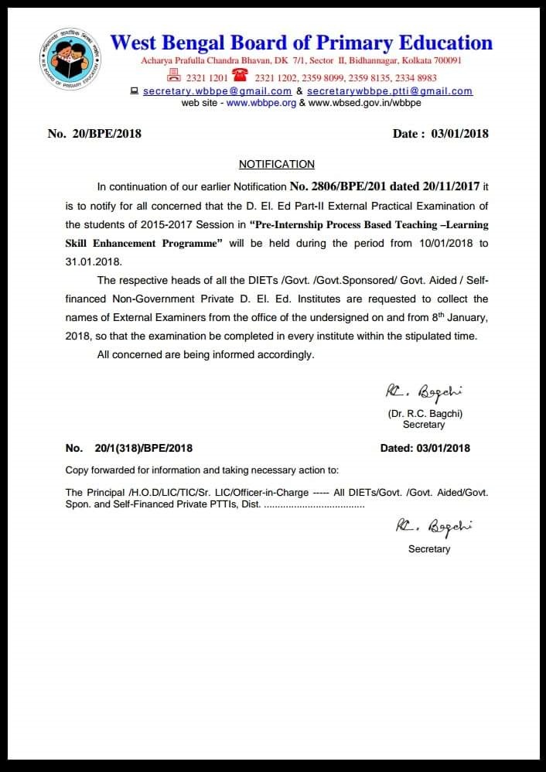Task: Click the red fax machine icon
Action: [174, 77]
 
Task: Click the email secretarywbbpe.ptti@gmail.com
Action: [390, 91]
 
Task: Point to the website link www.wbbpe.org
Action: [261, 103]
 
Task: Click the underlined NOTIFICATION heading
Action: [277, 164]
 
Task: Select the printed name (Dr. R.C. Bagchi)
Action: [425, 413]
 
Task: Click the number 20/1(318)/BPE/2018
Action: [143, 448]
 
